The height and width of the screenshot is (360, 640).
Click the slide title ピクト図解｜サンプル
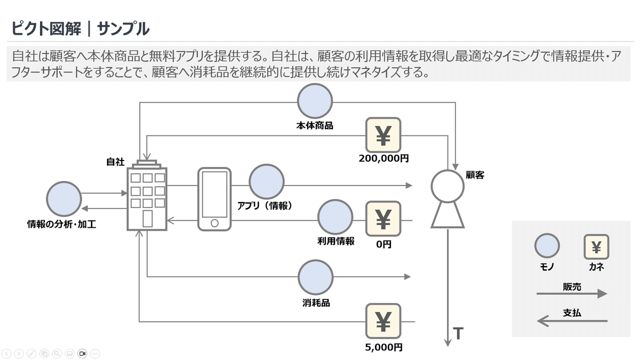pyautogui.click(x=80, y=28)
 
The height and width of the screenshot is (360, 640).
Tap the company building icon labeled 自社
pyautogui.click(x=147, y=198)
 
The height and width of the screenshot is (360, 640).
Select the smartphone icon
pyautogui.click(x=214, y=199)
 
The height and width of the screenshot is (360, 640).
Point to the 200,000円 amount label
pyautogui.click(x=384, y=158)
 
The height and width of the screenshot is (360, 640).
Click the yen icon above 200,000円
pyautogui.click(x=383, y=135)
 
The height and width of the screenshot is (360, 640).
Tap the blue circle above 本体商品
pyautogui.click(x=315, y=101)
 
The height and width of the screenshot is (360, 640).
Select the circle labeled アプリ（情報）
pyautogui.click(x=267, y=182)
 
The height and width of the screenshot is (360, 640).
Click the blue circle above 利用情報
pyautogui.click(x=335, y=217)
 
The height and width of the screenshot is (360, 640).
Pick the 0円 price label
pyautogui.click(x=383, y=244)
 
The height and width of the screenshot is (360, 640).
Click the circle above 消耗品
pyautogui.click(x=315, y=277)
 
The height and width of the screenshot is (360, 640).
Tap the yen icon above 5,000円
pyautogui.click(x=383, y=321)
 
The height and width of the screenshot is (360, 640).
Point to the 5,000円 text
pyautogui.click(x=384, y=347)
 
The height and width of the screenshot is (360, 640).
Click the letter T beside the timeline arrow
pyautogui.click(x=458, y=334)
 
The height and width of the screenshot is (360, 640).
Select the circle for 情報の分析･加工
pyautogui.click(x=64, y=198)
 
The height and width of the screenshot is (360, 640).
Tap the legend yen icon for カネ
pyautogui.click(x=596, y=246)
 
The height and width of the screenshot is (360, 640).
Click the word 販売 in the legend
pyautogui.click(x=572, y=286)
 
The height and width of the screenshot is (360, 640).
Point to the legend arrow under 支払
pyautogui.click(x=572, y=321)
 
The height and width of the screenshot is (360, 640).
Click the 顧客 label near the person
pyautogui.click(x=475, y=175)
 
